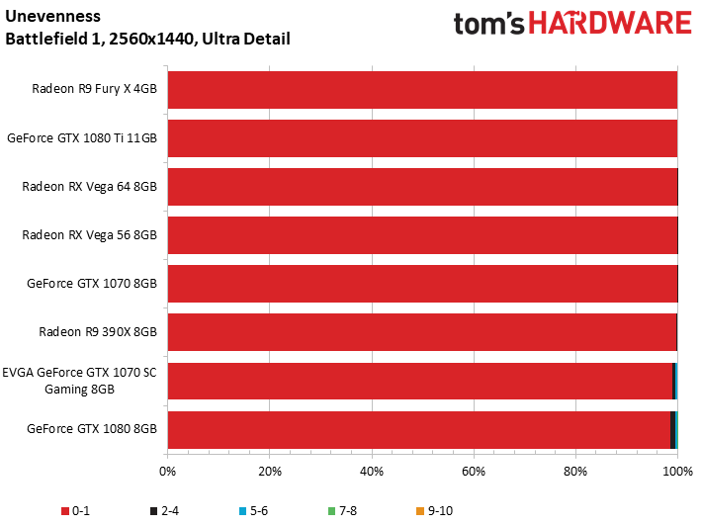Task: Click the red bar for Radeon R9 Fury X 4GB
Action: point(422,89)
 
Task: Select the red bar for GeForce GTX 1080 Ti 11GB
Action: point(422,138)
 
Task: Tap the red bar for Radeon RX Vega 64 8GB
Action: point(422,187)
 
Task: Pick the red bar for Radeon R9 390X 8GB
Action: point(422,332)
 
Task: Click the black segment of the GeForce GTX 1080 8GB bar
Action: point(673,429)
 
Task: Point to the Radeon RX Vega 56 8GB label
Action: point(89,235)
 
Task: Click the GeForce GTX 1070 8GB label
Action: point(92,284)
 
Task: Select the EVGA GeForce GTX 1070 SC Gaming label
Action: point(79,381)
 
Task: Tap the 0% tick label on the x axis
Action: point(168,471)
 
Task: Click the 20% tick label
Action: point(270,471)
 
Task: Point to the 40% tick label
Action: point(372,471)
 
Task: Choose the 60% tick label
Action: point(474,471)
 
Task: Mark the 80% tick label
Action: point(575,471)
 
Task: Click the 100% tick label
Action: point(677,471)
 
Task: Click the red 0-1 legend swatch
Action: point(65,511)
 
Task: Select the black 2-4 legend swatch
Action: point(154,511)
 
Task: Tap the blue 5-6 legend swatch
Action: point(243,511)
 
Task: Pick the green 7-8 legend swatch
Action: point(332,511)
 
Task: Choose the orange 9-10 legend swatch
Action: point(420,511)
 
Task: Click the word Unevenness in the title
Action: point(52,16)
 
